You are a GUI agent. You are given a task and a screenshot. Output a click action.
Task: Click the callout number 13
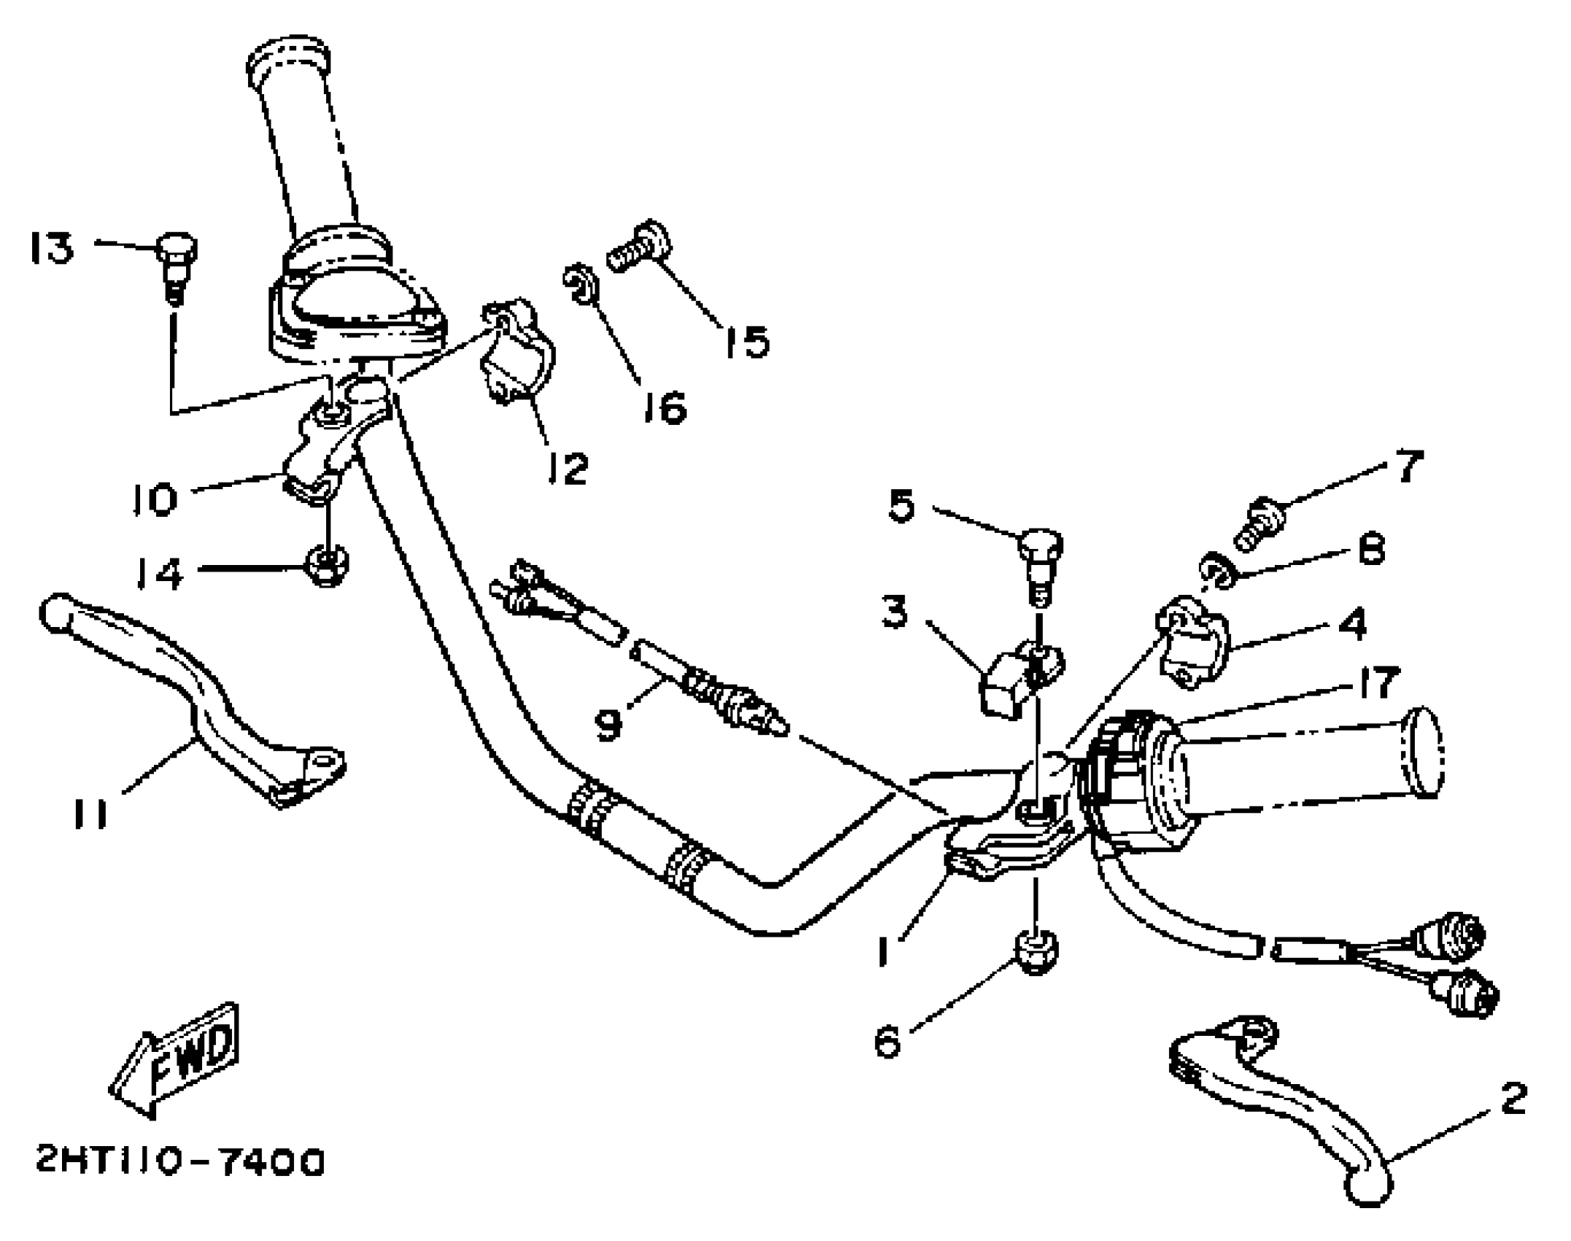coord(52,248)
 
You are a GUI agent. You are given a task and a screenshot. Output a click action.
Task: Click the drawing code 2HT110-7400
coord(180,1162)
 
